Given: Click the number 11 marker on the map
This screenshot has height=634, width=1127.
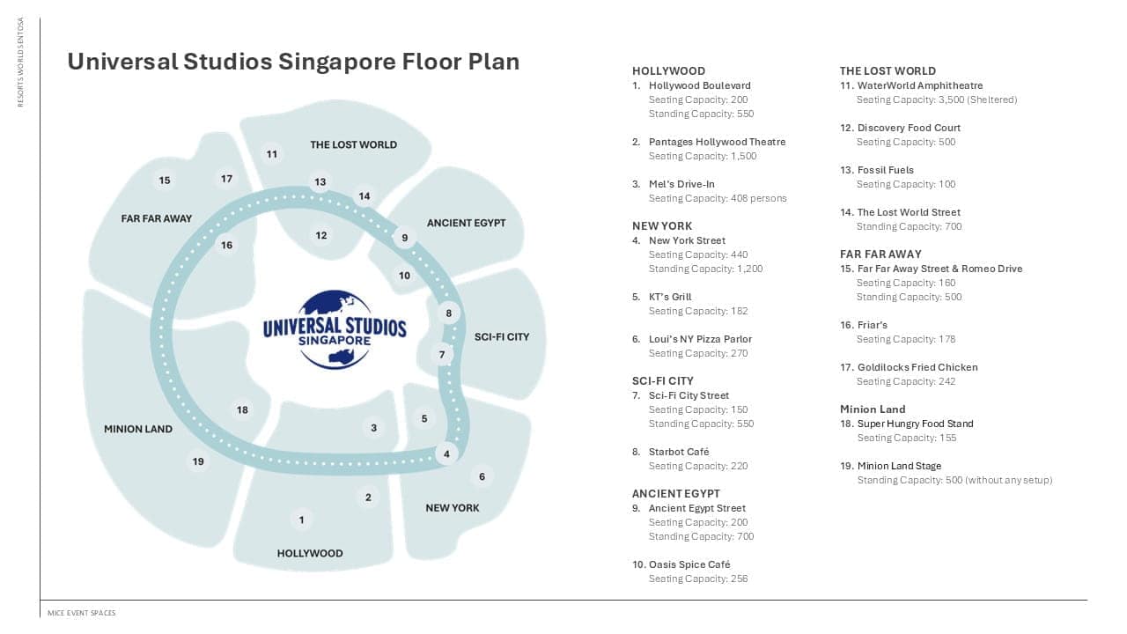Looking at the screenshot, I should [x=272, y=154].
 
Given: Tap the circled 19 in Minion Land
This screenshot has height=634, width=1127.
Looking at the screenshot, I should [x=198, y=461].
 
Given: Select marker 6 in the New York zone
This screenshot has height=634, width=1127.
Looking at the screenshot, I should [x=482, y=476].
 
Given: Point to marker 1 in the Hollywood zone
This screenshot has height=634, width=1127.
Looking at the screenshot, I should [x=301, y=520].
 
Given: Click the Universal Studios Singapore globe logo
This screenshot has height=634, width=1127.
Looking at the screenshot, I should [x=335, y=328].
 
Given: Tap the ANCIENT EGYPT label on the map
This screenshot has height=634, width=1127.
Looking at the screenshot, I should [x=466, y=223].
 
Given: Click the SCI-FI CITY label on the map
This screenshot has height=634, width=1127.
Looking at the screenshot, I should [x=502, y=336].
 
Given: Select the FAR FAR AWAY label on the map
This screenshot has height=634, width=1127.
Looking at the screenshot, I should [x=157, y=218].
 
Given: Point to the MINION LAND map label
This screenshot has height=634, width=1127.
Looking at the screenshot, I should [x=138, y=429].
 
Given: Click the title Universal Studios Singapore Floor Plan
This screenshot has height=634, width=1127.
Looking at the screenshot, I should [x=293, y=62].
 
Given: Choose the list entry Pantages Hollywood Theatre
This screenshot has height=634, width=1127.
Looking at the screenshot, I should [x=717, y=142].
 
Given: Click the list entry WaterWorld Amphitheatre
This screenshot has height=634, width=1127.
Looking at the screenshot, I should [x=919, y=85].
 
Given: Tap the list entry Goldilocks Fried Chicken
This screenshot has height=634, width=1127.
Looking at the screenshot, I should [x=917, y=367].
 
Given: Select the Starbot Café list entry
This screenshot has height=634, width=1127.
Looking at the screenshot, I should [x=678, y=452].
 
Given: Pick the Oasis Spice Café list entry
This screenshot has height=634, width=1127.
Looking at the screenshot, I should [x=689, y=564].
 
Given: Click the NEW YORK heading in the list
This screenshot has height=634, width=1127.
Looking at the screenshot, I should [x=662, y=225].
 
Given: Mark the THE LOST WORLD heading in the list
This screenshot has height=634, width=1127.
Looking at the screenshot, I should [x=888, y=70].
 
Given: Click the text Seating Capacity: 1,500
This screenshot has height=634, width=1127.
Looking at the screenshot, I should [x=703, y=156].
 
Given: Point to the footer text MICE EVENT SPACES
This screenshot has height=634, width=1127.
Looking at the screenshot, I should [x=81, y=613].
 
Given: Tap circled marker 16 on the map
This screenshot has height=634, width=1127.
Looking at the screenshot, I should [x=226, y=245].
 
